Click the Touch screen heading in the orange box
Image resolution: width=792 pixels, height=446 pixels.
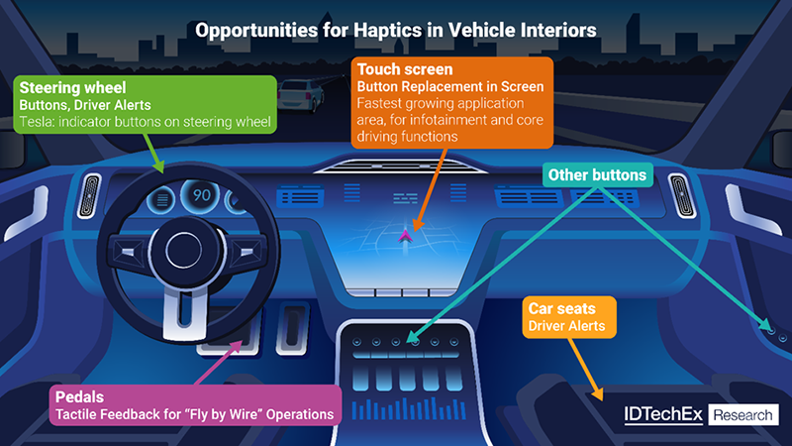tap(405, 70)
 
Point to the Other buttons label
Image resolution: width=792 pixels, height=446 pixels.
tap(597, 176)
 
